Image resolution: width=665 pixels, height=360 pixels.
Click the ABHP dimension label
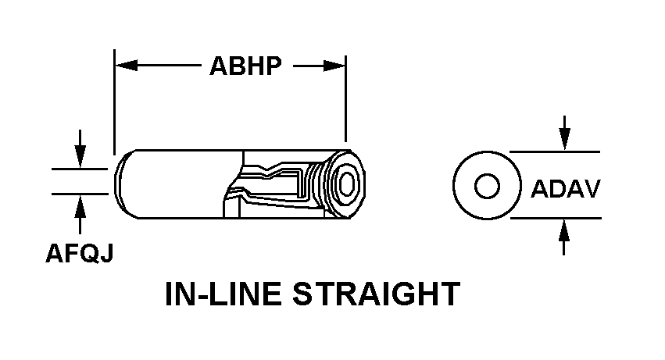coord(245,66)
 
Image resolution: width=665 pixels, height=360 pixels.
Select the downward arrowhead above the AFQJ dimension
coord(79,159)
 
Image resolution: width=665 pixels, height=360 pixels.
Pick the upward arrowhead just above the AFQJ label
coord(79,205)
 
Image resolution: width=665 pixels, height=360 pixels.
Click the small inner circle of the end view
coord(487,187)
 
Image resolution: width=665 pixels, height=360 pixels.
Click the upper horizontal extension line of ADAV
coord(555,151)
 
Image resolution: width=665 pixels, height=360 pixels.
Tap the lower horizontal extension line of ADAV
coord(555,219)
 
